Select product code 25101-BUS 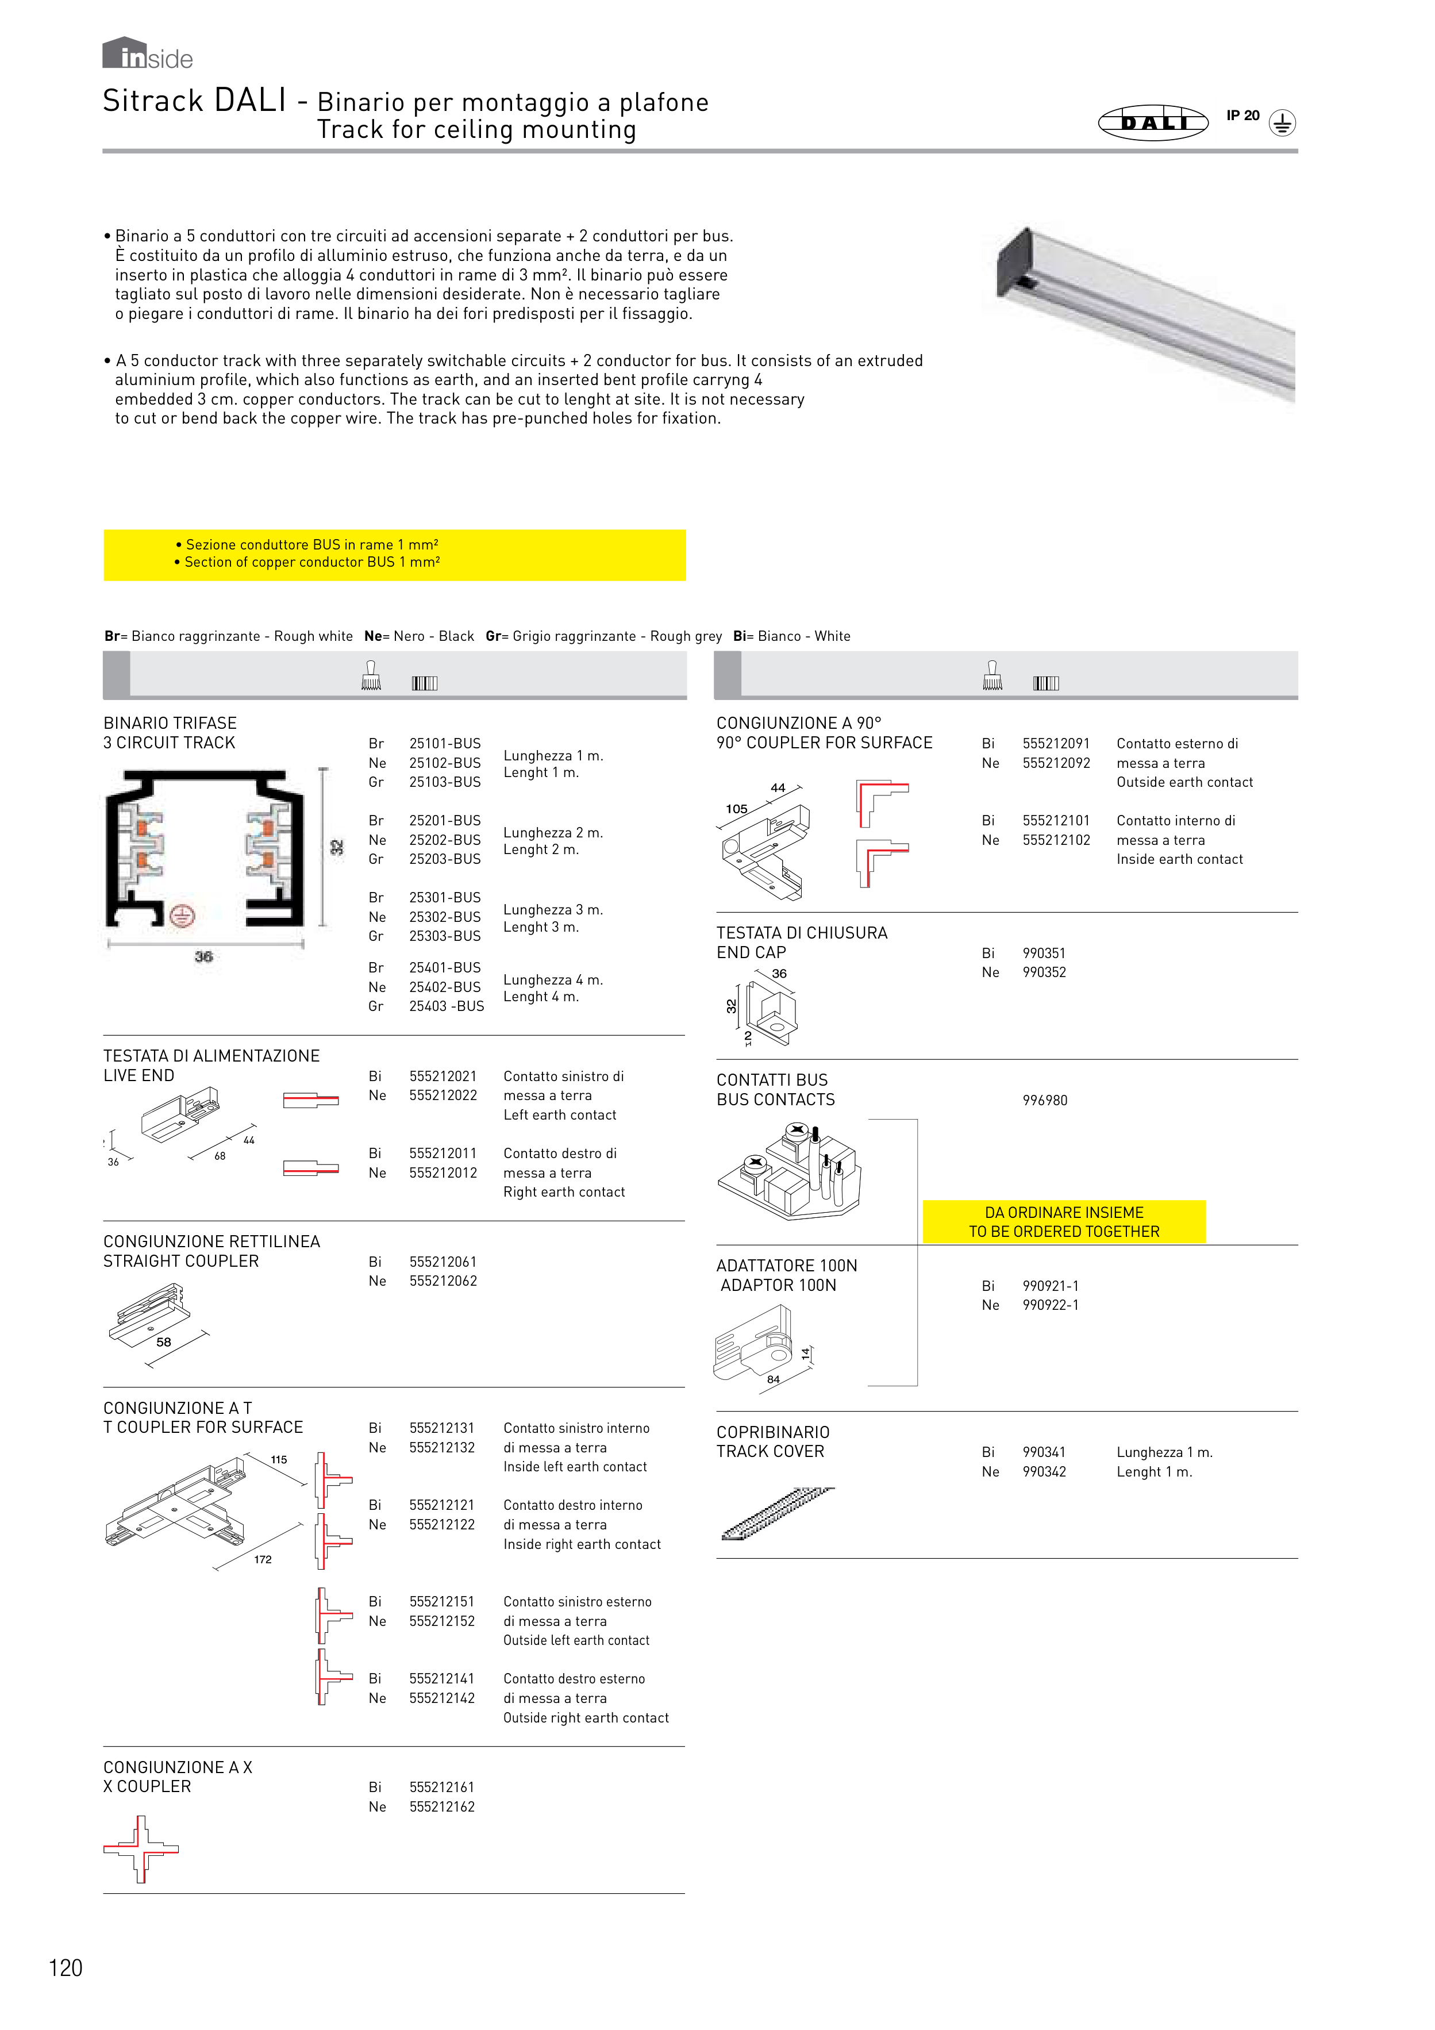(x=445, y=744)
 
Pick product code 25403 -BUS (x=447, y=1006)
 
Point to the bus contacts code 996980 (x=1045, y=1101)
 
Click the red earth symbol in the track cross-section (x=182, y=916)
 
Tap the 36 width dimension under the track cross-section (x=203, y=956)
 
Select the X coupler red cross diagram (x=141, y=1849)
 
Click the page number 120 (x=66, y=1968)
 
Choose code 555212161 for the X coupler (x=442, y=1787)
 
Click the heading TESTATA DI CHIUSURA (x=801, y=933)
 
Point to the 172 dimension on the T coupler (x=263, y=1560)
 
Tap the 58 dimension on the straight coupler (x=164, y=1342)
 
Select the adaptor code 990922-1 (x=1051, y=1305)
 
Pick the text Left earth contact (x=560, y=1115)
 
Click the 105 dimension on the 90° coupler (x=737, y=809)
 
